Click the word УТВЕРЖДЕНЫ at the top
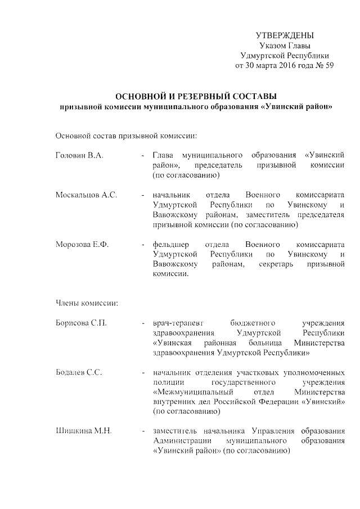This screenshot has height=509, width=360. click(x=285, y=35)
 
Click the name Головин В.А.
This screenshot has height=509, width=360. click(x=79, y=155)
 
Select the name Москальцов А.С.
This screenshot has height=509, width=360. click(x=86, y=195)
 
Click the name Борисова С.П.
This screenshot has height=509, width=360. click(x=81, y=323)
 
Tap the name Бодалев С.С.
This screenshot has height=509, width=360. click(x=78, y=372)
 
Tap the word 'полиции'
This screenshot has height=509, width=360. click(x=165, y=382)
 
